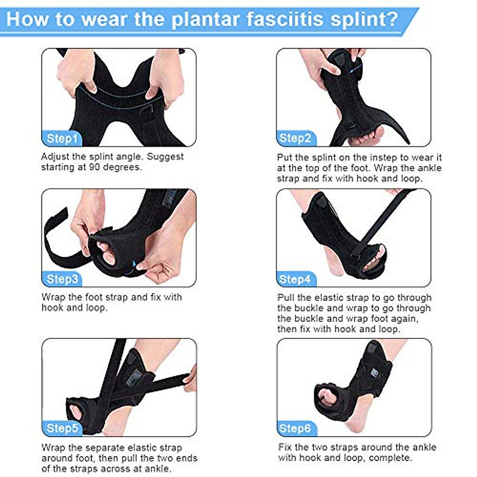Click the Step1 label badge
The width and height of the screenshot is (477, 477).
point(62,139)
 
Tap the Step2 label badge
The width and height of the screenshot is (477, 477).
point(295,138)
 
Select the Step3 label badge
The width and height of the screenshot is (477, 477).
point(62,279)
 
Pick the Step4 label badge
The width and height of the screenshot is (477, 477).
point(295,279)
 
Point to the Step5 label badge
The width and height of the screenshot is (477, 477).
point(62,429)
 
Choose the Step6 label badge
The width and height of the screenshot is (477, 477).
point(295,429)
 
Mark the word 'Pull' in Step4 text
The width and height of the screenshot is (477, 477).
point(286,298)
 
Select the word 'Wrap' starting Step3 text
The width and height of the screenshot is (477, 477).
point(53,297)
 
